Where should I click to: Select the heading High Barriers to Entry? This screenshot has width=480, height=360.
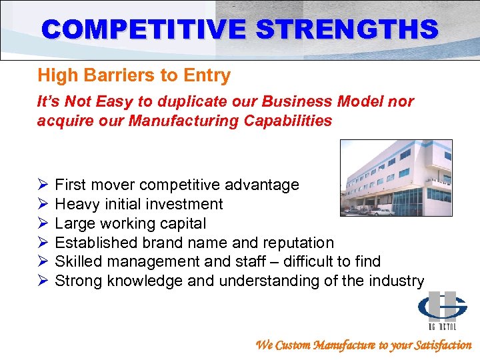(x=134, y=75)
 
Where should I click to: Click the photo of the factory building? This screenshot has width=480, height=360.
(x=396, y=177)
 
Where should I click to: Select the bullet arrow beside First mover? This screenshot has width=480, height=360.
(x=43, y=185)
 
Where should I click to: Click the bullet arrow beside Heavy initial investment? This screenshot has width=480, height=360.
(x=43, y=204)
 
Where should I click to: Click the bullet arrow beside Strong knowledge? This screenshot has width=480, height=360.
(x=43, y=281)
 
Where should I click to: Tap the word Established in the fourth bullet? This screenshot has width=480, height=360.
(x=93, y=243)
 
